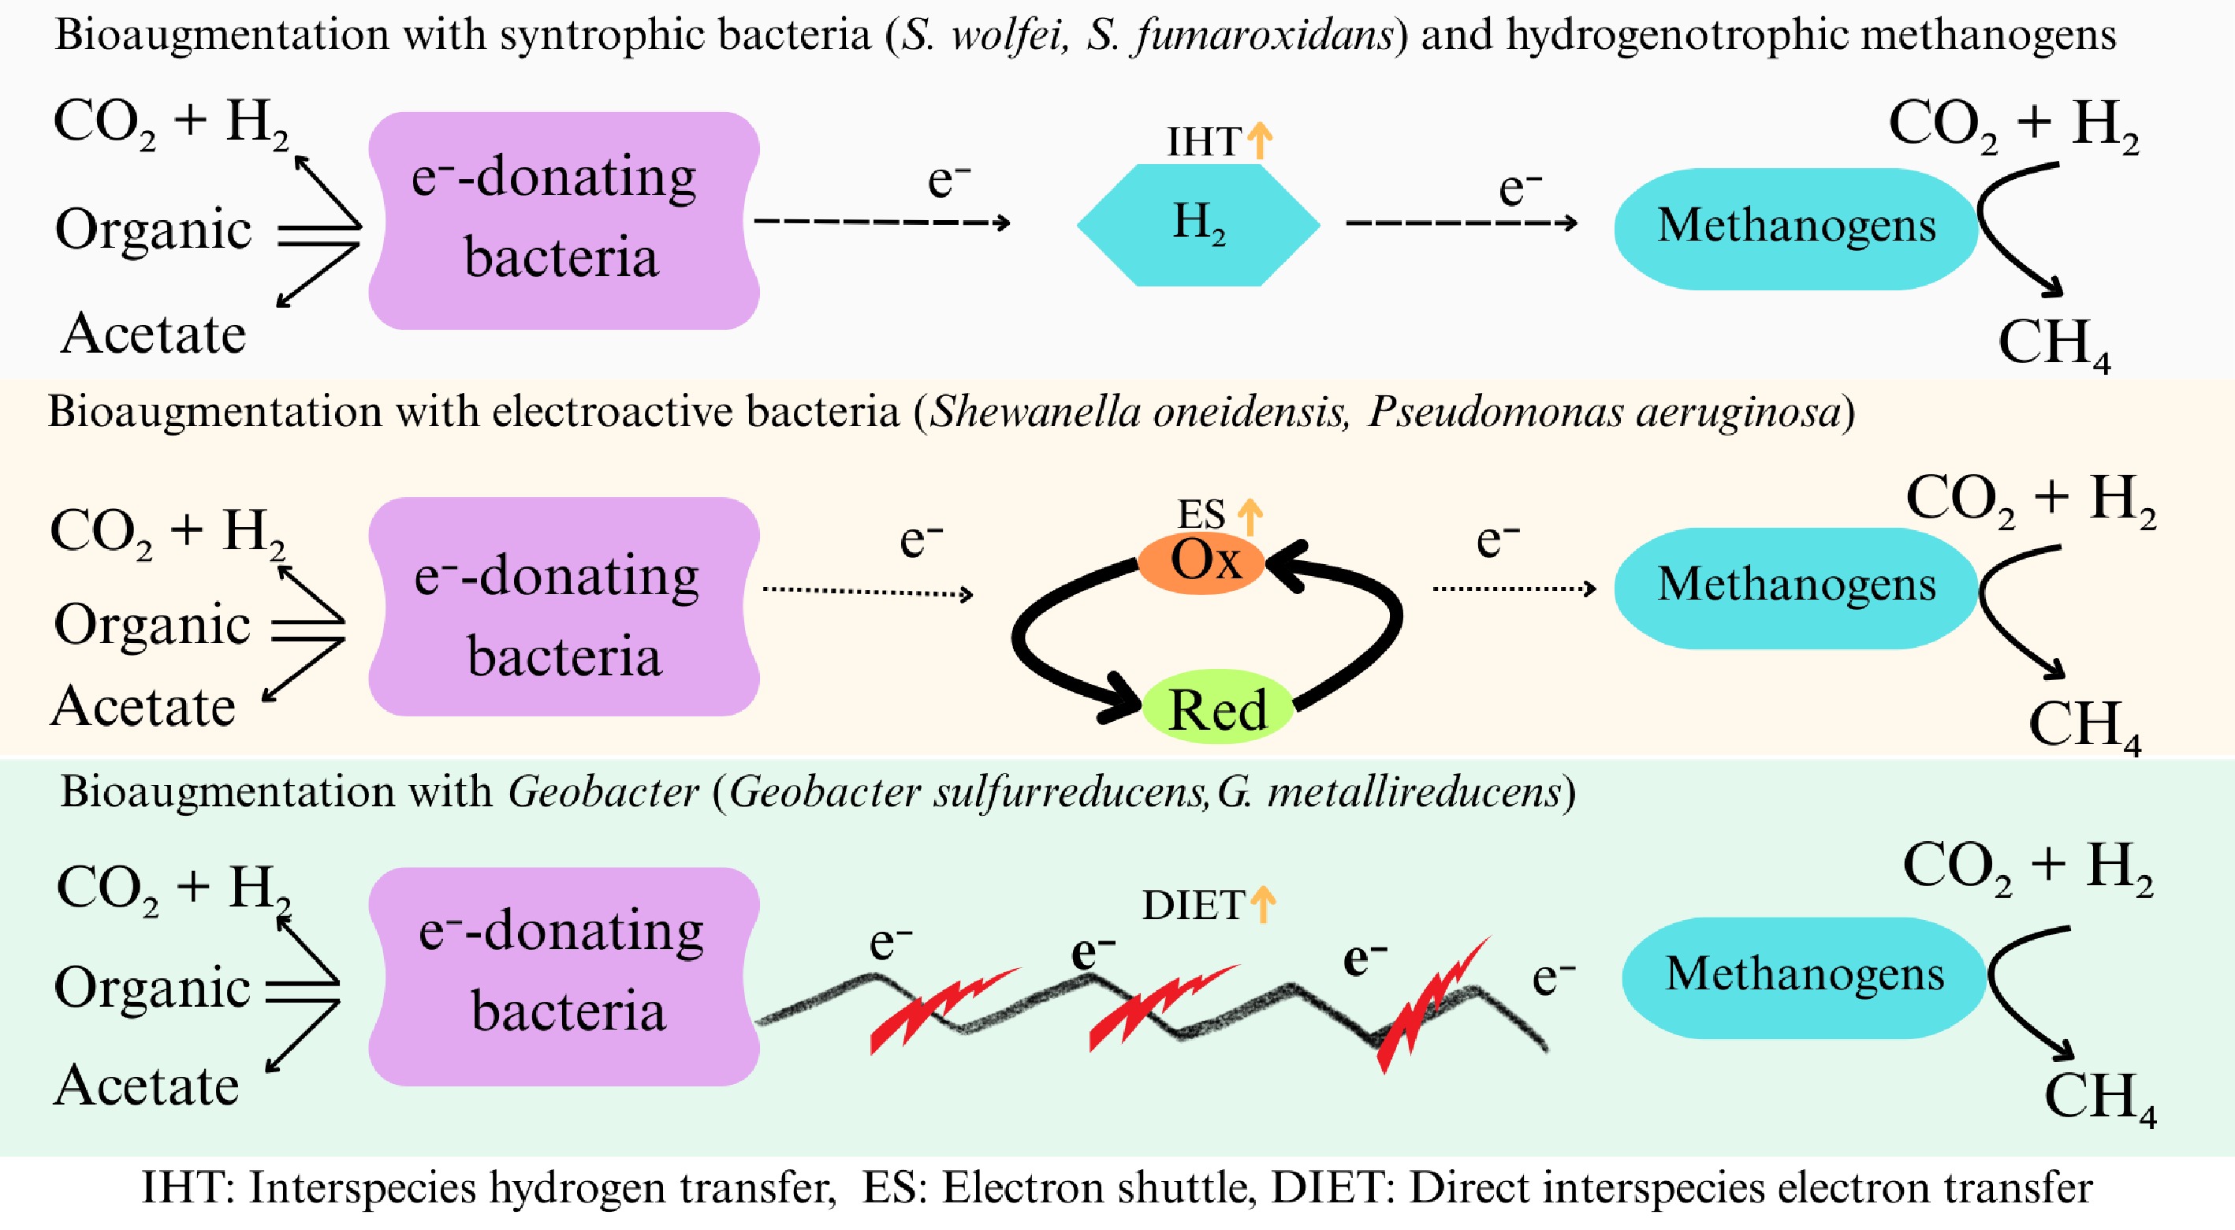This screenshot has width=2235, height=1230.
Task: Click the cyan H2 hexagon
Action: [1198, 225]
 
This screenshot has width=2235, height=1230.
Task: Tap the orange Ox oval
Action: [1202, 562]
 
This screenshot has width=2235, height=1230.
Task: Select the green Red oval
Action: [1217, 708]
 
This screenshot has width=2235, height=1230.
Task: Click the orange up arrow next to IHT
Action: [1260, 140]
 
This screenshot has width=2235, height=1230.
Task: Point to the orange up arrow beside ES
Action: [1250, 517]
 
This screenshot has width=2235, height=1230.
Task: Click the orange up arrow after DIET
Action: [1263, 903]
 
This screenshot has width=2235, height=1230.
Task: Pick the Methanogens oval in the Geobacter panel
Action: [1804, 977]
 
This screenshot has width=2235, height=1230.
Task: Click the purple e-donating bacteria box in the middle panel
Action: [564, 607]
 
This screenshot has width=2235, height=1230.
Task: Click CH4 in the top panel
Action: [2053, 343]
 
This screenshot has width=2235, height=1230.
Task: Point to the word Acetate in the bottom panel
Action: [147, 1086]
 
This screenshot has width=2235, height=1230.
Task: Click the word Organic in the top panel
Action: [154, 230]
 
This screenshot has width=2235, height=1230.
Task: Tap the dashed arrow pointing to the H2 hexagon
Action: [881, 222]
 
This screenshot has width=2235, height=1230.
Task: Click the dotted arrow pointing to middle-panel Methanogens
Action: [1514, 589]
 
